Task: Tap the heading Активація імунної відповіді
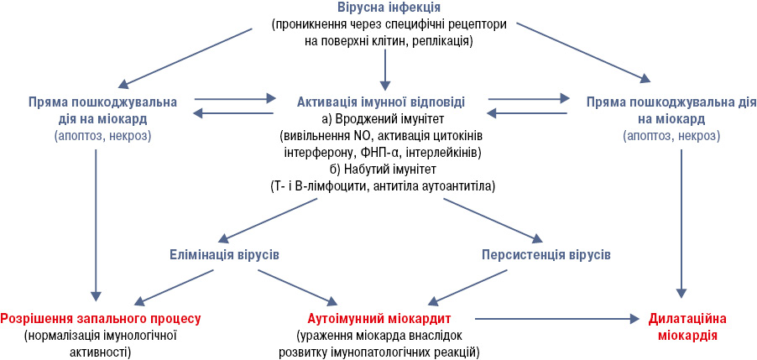(x=381, y=102)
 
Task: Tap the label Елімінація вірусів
(x=224, y=254)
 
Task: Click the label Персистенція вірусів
(x=546, y=254)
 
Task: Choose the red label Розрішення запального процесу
(x=101, y=319)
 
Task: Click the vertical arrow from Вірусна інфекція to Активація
(x=384, y=69)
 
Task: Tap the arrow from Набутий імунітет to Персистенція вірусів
(x=494, y=220)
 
